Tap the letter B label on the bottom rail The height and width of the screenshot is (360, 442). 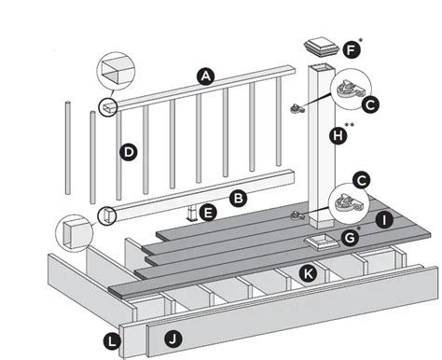238,198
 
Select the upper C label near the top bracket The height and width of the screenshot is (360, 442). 371,106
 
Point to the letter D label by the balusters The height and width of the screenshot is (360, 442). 128,151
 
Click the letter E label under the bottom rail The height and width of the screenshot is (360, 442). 209,213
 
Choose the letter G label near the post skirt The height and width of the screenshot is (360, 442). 351,239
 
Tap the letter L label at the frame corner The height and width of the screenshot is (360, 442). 113,342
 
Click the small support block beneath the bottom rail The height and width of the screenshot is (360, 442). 194,215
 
